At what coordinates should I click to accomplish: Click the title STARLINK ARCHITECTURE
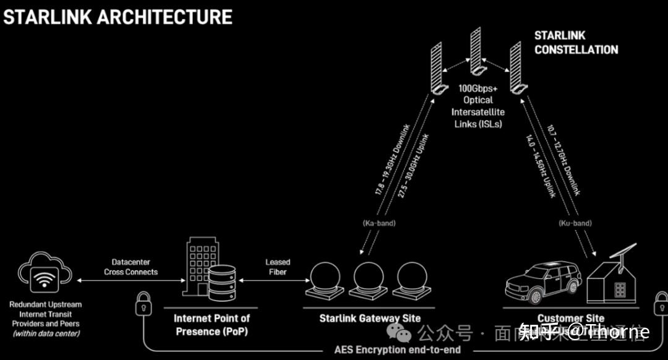click(x=118, y=17)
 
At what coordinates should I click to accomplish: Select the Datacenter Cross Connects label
click(x=131, y=267)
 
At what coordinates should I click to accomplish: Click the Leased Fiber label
click(x=278, y=267)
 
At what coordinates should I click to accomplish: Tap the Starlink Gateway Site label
click(x=369, y=319)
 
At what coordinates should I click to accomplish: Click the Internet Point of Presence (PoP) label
click(x=212, y=325)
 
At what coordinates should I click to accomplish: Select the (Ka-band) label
click(x=379, y=222)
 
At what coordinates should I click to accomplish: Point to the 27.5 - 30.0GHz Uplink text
click(x=414, y=167)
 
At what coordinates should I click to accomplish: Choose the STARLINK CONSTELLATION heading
click(x=575, y=43)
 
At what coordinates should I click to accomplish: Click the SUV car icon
click(x=543, y=281)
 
